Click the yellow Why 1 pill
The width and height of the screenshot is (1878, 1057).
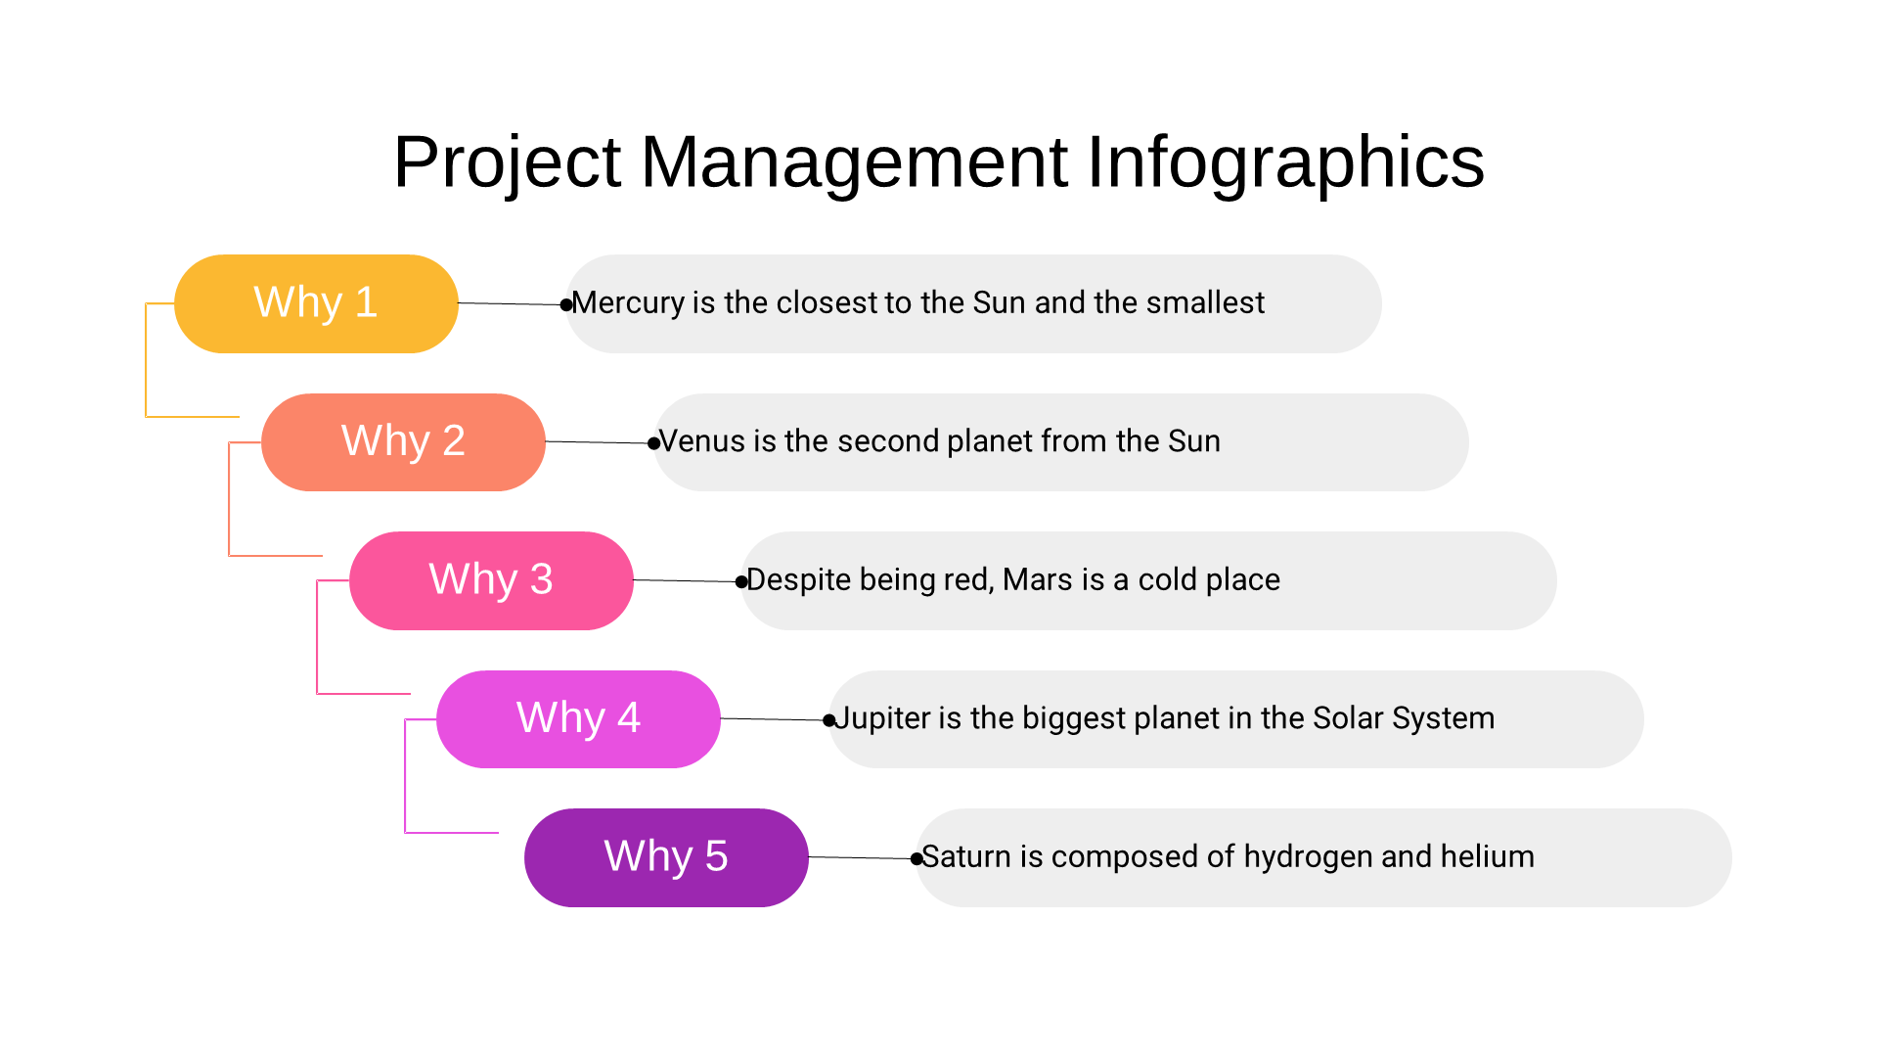point(316,303)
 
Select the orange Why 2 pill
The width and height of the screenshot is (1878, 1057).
point(403,442)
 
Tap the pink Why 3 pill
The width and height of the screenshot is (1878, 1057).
point(491,580)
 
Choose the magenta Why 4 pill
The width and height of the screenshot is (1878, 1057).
point(578,719)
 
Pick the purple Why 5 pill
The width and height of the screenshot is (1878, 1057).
point(666,857)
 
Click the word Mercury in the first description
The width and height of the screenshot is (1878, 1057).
point(628,303)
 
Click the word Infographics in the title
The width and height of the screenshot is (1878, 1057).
point(1285,162)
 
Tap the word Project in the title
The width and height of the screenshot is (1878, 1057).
point(507,162)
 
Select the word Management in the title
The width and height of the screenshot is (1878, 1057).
point(854,162)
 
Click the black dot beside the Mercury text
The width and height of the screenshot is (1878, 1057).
point(565,305)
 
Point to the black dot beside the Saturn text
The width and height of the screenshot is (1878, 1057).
point(917,859)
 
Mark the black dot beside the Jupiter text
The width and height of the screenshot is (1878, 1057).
point(828,721)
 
